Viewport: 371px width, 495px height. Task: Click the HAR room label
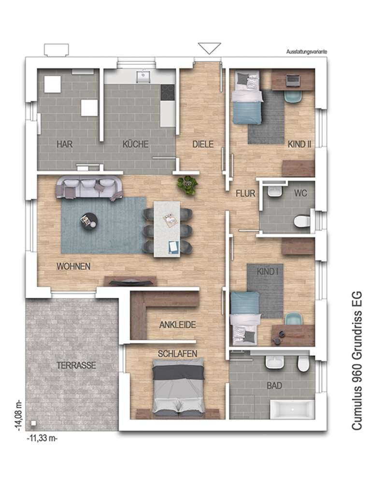tap(65, 144)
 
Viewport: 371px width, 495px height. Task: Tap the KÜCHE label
tap(135, 144)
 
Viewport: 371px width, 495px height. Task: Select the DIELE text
tap(203, 144)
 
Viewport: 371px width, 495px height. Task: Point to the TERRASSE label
tap(76, 365)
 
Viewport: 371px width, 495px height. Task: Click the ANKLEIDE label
tap(178, 324)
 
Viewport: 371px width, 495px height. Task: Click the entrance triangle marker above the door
tap(209, 48)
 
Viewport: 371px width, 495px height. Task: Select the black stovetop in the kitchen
tap(168, 92)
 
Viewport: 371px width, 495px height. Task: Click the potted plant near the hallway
tap(188, 185)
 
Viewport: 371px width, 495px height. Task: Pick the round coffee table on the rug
tap(88, 220)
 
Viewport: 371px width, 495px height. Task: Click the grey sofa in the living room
tap(89, 188)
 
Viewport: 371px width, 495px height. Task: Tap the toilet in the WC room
tap(302, 221)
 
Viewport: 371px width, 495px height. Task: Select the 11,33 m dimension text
tap(43, 438)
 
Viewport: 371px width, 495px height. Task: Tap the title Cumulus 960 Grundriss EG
tap(357, 360)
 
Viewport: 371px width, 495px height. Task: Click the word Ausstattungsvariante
tap(306, 51)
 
